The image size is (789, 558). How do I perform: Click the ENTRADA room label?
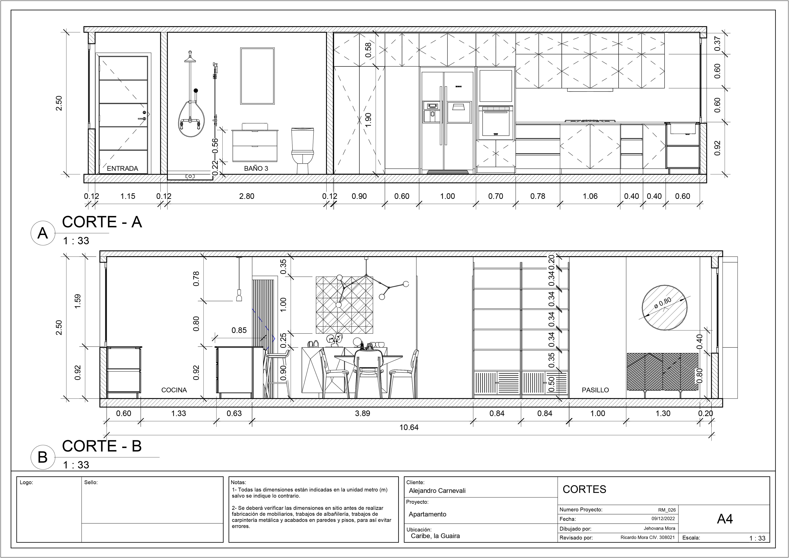coord(122,168)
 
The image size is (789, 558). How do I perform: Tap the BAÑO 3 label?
coord(256,168)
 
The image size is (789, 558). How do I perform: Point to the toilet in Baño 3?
coord(302,151)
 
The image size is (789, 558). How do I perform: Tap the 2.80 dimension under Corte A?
coord(247,196)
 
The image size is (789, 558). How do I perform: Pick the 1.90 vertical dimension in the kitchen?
coord(368,120)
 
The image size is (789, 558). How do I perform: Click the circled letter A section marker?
coord(42,233)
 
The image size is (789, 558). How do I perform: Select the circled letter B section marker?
coord(42,457)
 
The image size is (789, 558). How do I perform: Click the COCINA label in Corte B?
coord(174,390)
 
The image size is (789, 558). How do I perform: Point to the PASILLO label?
coord(595,390)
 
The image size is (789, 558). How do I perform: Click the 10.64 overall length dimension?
coord(409,427)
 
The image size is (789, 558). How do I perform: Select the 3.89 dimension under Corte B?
coord(362,413)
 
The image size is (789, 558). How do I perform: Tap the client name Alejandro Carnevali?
coord(437,491)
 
